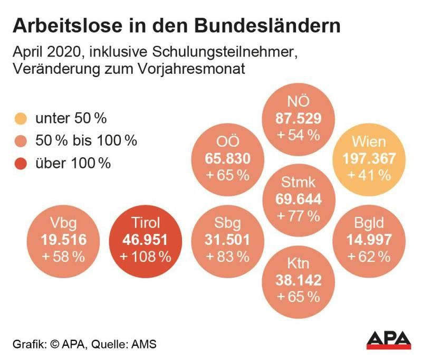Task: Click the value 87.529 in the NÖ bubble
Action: pos(299,118)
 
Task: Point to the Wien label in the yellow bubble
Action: pos(369,142)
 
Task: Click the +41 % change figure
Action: pos(369,175)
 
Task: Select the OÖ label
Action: pos(228,143)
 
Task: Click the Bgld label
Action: pos(369,223)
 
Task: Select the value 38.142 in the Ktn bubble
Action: pos(299,280)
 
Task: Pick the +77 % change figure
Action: pos(299,215)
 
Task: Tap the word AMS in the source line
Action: pos(145,344)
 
